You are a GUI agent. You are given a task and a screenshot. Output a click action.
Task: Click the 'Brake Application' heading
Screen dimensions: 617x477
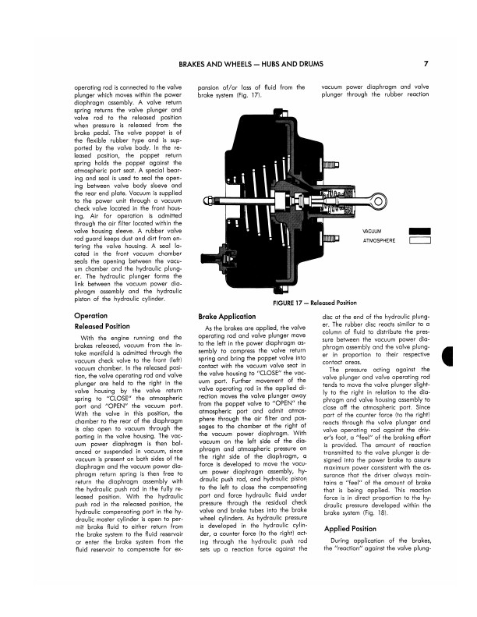(227, 316)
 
